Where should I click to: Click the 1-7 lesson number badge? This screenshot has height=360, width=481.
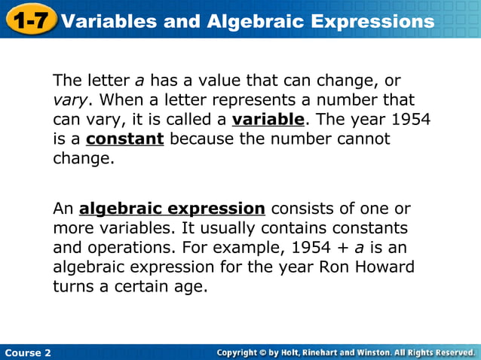coord(30,20)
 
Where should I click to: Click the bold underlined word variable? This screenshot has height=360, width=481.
coord(268,120)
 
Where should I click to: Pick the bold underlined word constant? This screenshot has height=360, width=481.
coord(124,139)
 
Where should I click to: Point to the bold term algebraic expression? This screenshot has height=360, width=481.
coord(172,209)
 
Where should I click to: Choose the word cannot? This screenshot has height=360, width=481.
coord(365,139)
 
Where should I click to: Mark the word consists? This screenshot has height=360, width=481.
coord(300,209)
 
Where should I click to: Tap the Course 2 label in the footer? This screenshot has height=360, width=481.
coord(27,352)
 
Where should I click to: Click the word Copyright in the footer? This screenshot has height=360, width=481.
coord(242,352)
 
